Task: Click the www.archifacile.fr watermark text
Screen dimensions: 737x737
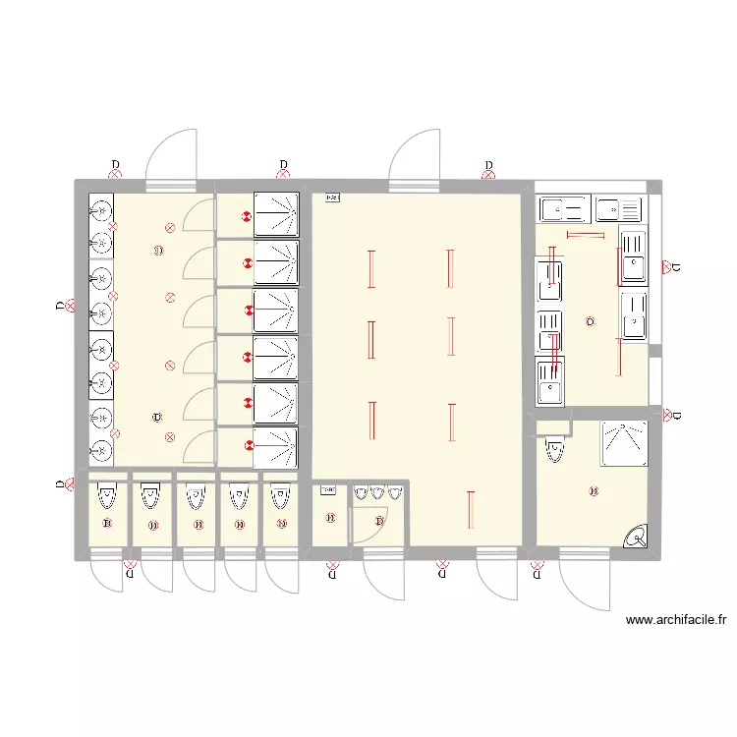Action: click(x=675, y=620)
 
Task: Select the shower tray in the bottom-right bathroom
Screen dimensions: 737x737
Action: click(x=624, y=443)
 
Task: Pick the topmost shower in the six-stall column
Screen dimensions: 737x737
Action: click(x=275, y=214)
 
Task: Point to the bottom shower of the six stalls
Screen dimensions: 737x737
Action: click(x=275, y=448)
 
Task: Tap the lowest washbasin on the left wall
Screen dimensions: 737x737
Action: click(x=101, y=450)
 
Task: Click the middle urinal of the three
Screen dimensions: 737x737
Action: click(x=378, y=493)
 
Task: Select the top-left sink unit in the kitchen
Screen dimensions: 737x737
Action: click(x=563, y=208)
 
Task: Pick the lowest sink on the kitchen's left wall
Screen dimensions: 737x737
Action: click(x=549, y=381)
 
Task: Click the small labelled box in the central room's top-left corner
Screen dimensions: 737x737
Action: click(x=331, y=198)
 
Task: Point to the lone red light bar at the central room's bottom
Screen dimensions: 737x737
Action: click(x=472, y=509)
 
